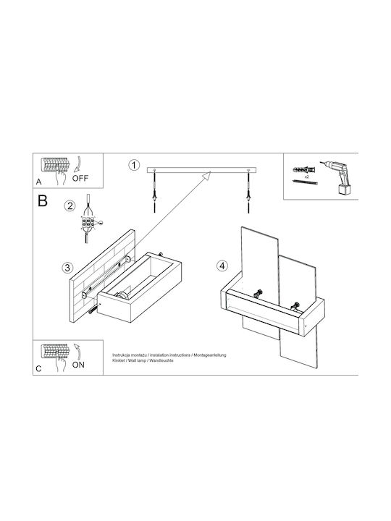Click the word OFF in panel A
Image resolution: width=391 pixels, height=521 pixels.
coord(80,178)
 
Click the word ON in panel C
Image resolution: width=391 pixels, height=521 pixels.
coord(78,365)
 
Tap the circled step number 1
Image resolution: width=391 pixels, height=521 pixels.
coord(134,165)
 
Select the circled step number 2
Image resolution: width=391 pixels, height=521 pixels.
coord(70,206)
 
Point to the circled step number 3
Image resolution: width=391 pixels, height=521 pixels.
coord(67,268)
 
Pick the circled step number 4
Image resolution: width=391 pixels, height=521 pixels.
coord(222,266)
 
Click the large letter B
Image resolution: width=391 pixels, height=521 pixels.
coord(43,200)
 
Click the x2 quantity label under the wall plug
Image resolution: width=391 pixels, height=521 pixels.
coord(307,177)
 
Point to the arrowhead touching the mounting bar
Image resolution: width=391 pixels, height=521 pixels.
coord(207,175)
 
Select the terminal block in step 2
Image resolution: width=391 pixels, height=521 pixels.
coord(88,222)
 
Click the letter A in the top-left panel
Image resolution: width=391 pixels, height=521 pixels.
coord(39,182)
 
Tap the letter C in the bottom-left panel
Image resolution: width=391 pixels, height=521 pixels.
coord(39,368)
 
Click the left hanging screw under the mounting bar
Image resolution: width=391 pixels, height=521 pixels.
coord(155,192)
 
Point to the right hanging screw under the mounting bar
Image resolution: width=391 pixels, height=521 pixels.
coord(248,192)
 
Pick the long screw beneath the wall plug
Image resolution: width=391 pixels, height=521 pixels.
coord(306,182)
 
